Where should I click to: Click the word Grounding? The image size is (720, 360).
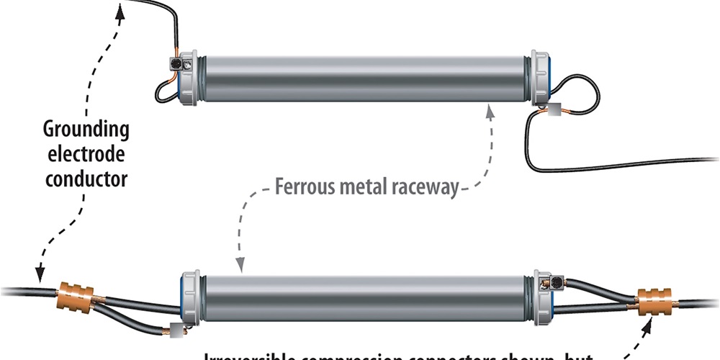(86, 130)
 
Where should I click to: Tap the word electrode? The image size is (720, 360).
(86, 154)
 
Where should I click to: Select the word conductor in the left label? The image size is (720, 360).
(86, 177)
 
